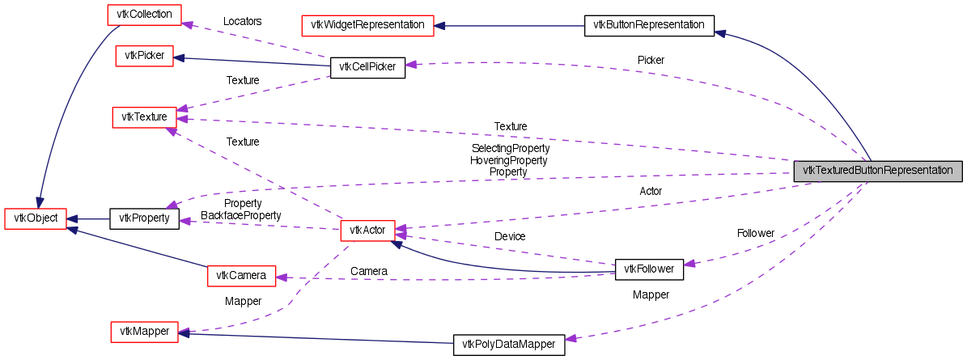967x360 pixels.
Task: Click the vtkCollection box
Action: [x=145, y=15]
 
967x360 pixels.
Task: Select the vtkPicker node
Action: [x=144, y=56]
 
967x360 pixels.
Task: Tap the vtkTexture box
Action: [x=144, y=117]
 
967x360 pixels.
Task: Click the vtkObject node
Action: [x=36, y=218]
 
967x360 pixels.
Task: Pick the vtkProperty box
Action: [x=144, y=218]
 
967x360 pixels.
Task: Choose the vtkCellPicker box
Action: [x=367, y=67]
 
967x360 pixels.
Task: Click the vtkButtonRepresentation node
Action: [x=649, y=25]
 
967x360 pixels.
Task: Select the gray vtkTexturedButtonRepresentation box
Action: [x=878, y=172]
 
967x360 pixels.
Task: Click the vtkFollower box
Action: [x=649, y=269]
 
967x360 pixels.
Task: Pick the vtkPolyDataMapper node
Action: [x=508, y=345]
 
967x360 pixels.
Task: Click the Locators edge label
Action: [x=243, y=21]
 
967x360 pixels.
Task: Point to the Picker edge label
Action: [x=651, y=60]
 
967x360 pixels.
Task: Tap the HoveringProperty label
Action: [x=509, y=160]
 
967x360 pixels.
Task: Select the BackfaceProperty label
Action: [x=241, y=215]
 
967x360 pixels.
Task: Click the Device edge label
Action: [x=510, y=236]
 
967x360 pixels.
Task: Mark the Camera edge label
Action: [x=369, y=270]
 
